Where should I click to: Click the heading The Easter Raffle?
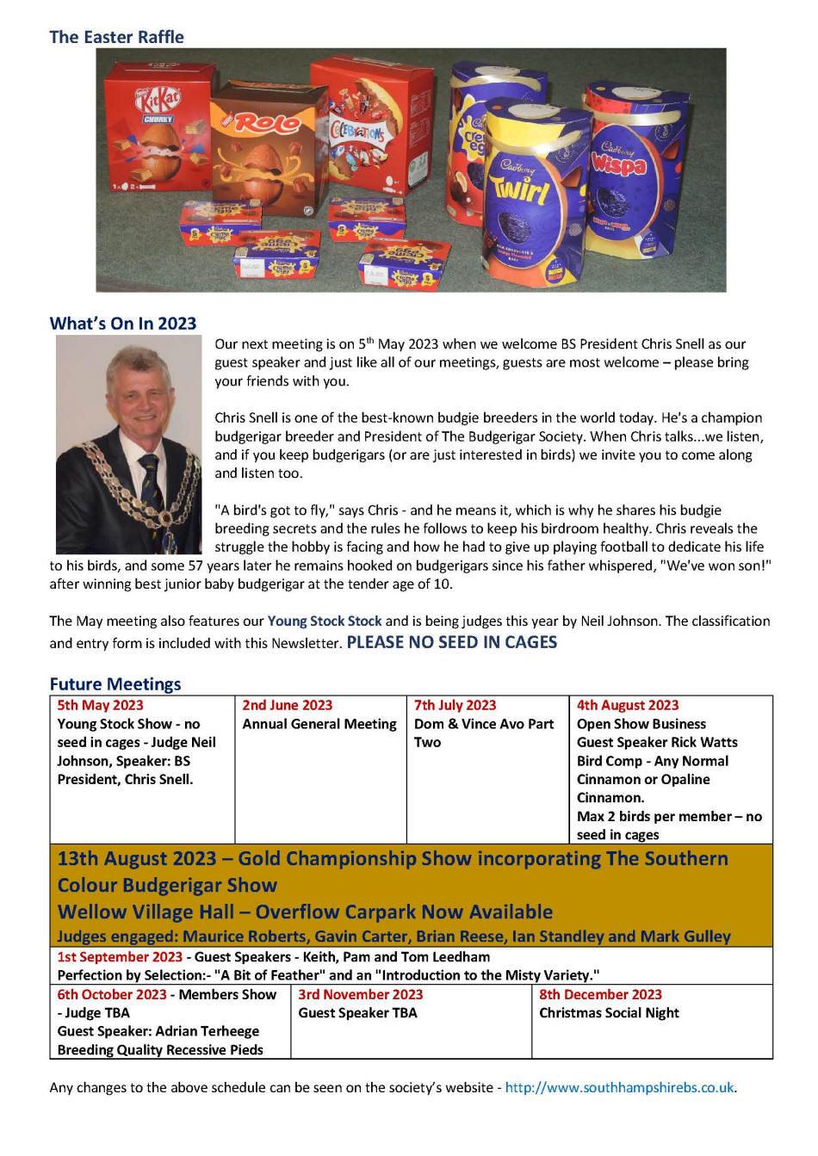coord(116,37)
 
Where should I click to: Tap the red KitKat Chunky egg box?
coord(157,129)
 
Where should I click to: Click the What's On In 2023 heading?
coord(123,324)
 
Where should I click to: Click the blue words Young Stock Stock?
coord(325,621)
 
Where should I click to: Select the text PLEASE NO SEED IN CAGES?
coord(451,642)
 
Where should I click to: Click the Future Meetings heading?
coord(115,684)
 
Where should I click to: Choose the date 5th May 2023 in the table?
coord(100,706)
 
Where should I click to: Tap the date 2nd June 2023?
coord(287,706)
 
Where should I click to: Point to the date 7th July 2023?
coord(455,706)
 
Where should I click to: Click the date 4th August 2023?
coord(627,706)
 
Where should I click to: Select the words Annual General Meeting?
coord(319,724)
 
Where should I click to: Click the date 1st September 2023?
coord(120,957)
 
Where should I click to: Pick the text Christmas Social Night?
coord(609,1013)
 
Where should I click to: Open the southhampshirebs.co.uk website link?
coord(619,1087)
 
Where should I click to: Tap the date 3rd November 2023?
coord(360,995)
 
